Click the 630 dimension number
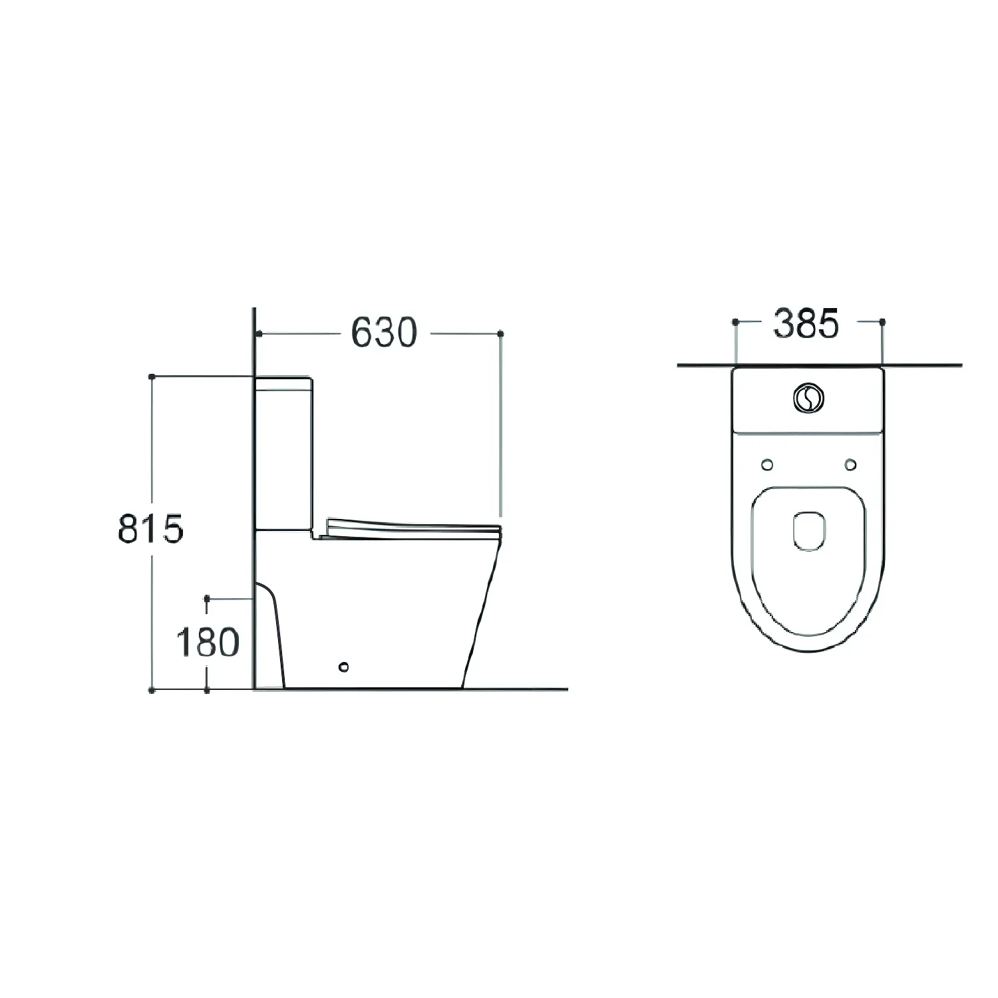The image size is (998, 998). tap(384, 332)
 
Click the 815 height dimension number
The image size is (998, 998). tap(150, 530)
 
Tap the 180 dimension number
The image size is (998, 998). tap(207, 643)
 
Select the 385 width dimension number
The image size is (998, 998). tap(806, 324)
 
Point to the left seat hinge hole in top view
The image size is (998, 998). tap(767, 464)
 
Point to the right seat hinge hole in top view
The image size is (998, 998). tap(850, 464)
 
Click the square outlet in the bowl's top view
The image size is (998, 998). tap(809, 530)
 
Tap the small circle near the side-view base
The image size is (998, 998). tap(343, 665)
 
